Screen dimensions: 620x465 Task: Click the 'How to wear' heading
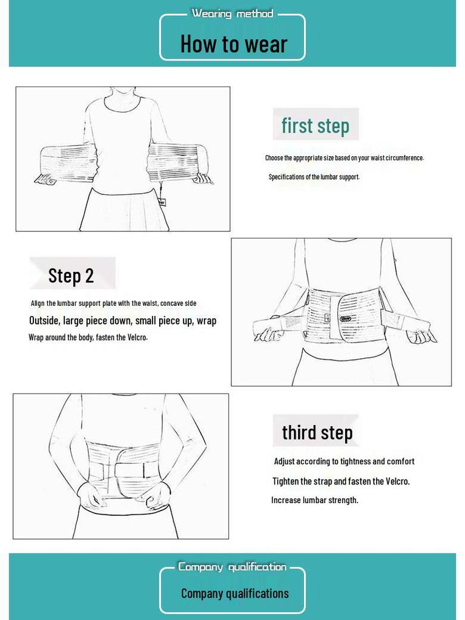coord(233,44)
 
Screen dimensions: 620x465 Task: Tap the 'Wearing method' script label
coord(232,13)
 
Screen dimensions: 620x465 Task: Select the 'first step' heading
coord(315,125)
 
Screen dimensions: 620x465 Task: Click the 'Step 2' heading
coord(71,275)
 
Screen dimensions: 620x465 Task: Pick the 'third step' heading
coord(317,432)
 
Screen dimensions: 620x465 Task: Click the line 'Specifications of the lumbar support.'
coord(314,177)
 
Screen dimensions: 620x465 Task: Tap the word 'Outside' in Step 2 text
coord(44,321)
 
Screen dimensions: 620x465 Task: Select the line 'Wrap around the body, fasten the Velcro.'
coord(88,337)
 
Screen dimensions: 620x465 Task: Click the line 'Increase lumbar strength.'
coord(314,500)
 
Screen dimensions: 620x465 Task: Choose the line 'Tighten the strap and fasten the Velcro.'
coord(341,481)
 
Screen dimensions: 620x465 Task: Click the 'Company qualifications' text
coord(234,593)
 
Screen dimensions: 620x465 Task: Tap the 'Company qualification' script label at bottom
coord(232,567)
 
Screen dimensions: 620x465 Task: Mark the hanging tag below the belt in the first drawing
coord(162,202)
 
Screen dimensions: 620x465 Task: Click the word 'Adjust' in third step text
coord(285,461)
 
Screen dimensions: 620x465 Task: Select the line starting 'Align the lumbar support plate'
coord(113,303)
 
